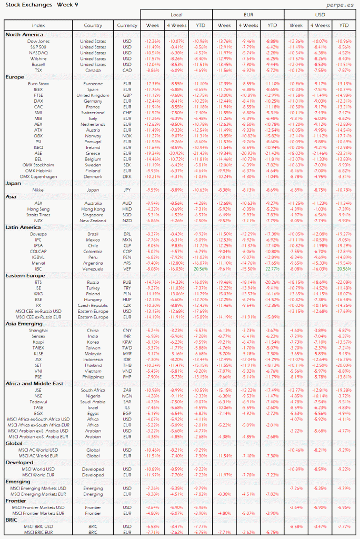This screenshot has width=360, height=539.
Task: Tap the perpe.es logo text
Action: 334,5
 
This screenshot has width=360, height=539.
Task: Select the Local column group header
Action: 176,14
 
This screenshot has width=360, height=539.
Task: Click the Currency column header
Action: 127,25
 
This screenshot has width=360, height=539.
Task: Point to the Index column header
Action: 38,25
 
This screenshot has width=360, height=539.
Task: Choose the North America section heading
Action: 24,34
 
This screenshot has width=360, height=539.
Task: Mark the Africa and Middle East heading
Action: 34,383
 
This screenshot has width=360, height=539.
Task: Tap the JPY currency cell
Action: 127,189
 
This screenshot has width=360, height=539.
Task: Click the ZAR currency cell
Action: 127,390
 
